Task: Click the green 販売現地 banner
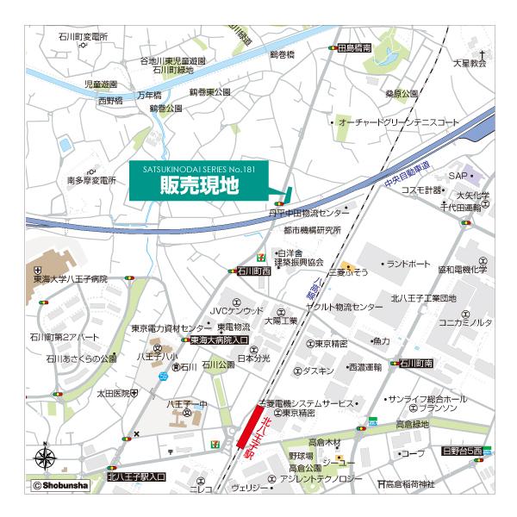click(200, 184)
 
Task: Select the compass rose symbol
click(46, 458)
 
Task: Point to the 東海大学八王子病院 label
click(71, 279)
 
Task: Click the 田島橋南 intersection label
click(354, 49)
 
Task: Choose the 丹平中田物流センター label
click(309, 212)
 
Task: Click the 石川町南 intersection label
click(416, 364)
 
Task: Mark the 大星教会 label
click(470, 63)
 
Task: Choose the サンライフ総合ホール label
click(427, 400)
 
